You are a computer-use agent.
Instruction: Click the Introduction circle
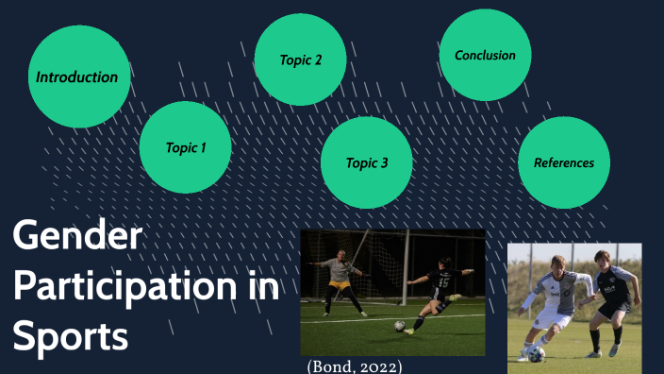click(x=78, y=76)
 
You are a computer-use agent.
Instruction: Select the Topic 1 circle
click(x=185, y=147)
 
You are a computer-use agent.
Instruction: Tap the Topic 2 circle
click(x=301, y=59)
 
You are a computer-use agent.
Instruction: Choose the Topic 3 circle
click(x=367, y=162)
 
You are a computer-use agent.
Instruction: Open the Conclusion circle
click(x=485, y=56)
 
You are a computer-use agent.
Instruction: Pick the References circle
click(x=564, y=162)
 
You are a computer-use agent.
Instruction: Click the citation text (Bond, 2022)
click(x=355, y=365)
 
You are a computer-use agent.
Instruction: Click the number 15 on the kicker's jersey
click(x=443, y=280)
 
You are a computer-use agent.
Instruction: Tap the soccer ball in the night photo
click(x=399, y=326)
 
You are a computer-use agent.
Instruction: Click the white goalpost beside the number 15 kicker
click(x=407, y=274)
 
